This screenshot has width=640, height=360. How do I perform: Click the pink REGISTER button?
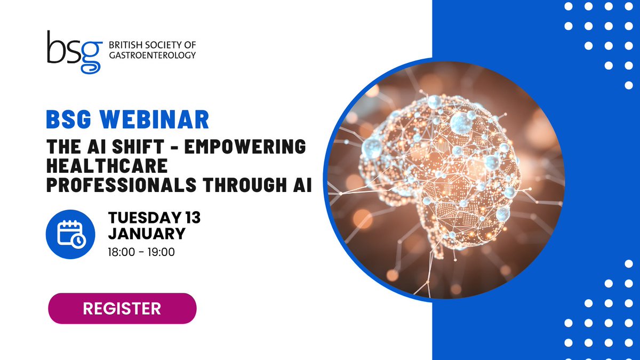coord(122,308)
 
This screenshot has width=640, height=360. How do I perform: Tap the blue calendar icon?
coord(70,234)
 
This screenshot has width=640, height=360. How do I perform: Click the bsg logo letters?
coord(75,52)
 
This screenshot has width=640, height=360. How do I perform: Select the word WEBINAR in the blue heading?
coord(154,119)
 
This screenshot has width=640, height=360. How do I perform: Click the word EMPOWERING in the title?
coord(245,147)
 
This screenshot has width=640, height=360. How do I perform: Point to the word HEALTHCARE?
coord(107,166)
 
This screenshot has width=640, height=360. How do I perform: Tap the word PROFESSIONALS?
coord(122,185)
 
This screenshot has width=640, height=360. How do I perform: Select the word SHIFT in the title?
coord(138,147)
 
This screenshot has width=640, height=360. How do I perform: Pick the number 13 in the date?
coord(193,218)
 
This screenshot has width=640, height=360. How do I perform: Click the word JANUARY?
coord(147,234)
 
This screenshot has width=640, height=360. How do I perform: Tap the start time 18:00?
coord(122,252)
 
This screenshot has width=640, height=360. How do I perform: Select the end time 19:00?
coord(161,252)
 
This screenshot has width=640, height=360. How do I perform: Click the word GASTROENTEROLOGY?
coord(153,55)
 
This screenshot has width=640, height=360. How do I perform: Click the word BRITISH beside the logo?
coord(125,45)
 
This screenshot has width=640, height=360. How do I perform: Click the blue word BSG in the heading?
coord(69,119)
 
